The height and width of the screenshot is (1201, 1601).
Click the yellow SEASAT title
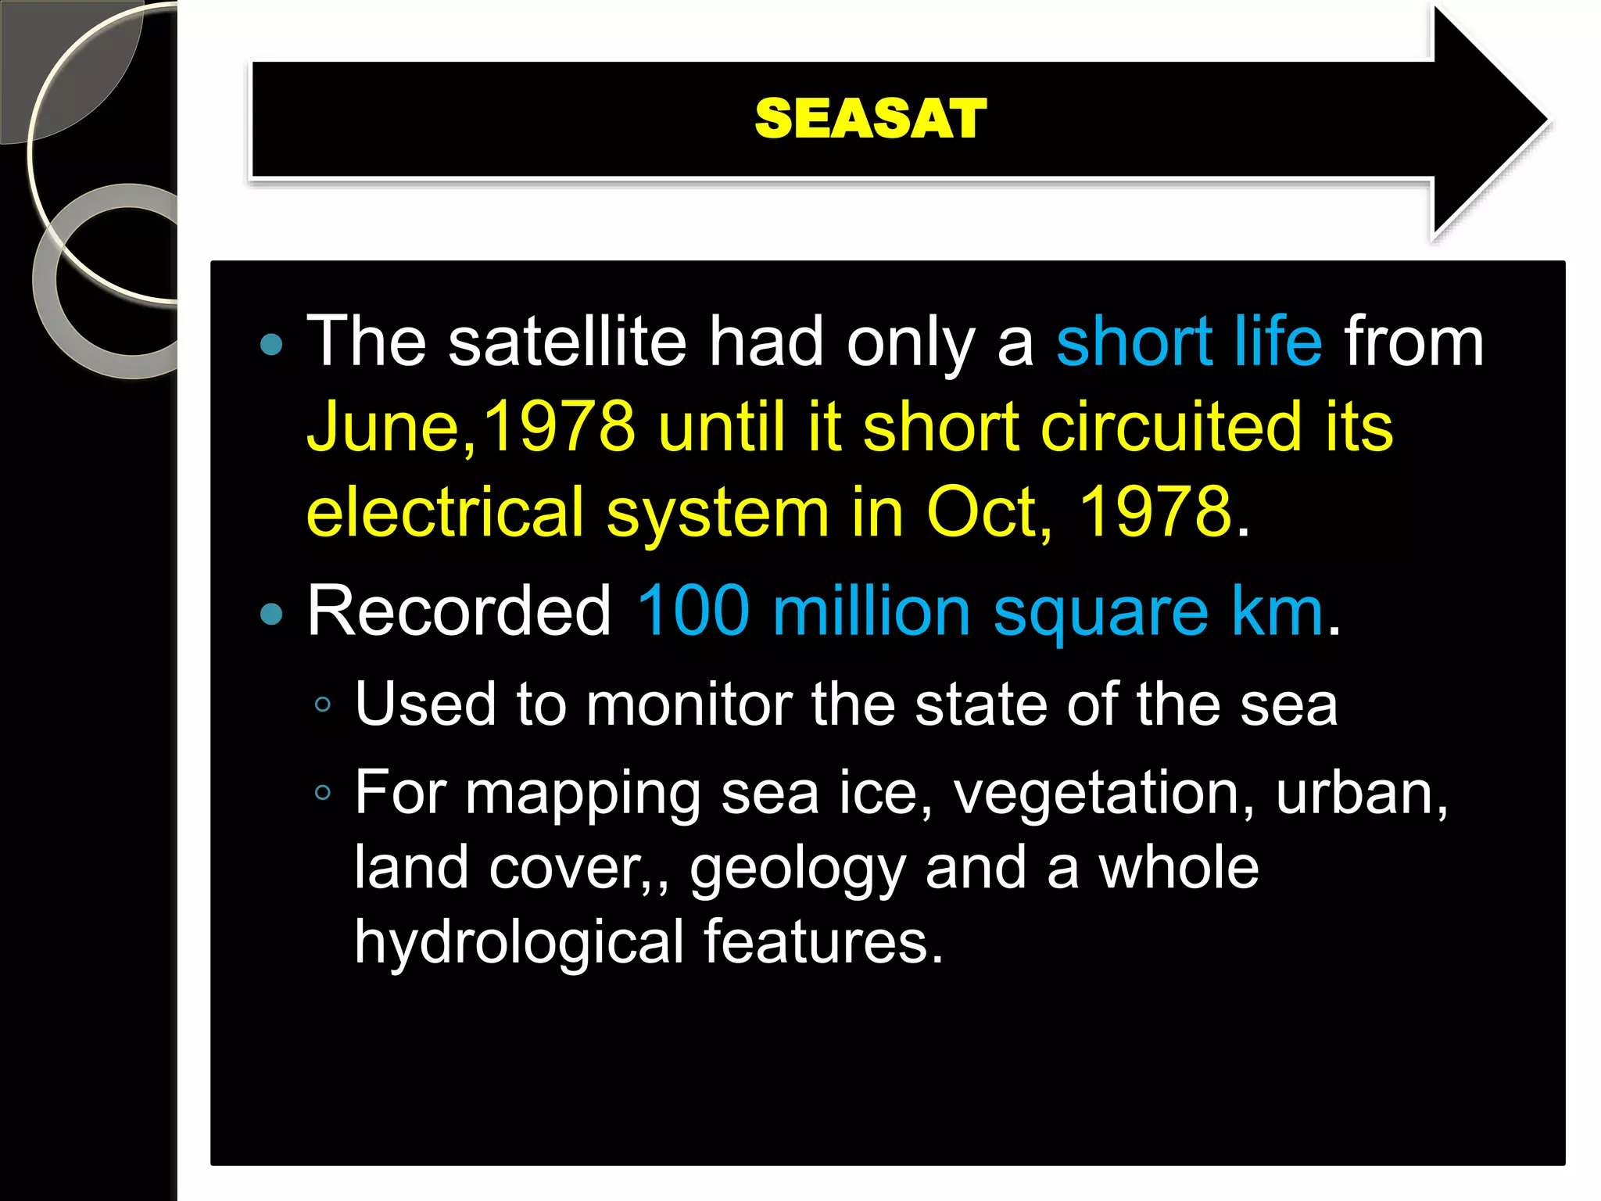(870, 119)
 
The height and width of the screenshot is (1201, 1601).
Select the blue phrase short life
(1188, 342)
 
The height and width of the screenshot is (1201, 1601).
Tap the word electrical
(445, 512)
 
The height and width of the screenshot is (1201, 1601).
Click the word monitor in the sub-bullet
(691, 704)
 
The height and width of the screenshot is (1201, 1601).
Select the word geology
(797, 869)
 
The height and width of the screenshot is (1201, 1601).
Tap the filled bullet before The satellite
(271, 345)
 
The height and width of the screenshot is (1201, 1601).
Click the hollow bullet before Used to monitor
(323, 705)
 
